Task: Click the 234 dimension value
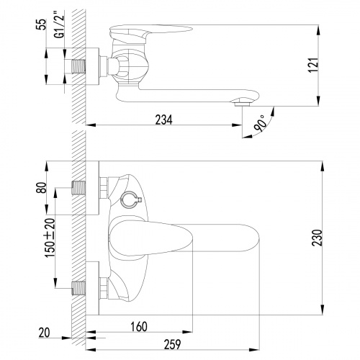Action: coord(163,120)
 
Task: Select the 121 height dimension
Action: coord(313,65)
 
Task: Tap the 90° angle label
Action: coord(260,123)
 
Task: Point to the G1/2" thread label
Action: coord(59,23)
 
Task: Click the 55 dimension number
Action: coord(42,24)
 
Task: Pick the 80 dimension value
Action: coord(42,188)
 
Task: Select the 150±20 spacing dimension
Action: coord(50,238)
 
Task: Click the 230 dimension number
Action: coord(317,238)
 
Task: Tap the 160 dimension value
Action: coord(139,327)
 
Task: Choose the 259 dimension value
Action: coord(172,345)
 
